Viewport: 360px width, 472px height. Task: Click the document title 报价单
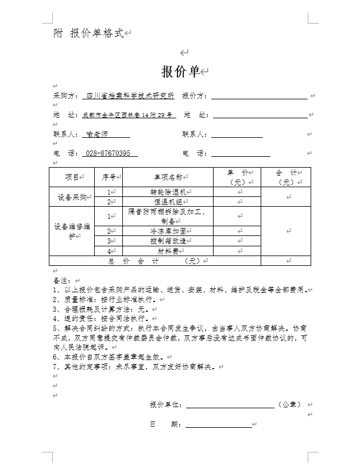(180, 72)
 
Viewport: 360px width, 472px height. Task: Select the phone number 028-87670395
(107, 153)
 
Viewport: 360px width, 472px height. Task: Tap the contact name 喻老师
(96, 134)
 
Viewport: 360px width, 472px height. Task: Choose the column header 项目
(72, 177)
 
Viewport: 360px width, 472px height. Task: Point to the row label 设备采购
(72, 197)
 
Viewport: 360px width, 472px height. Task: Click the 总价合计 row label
(154, 261)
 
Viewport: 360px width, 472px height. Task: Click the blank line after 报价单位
(229, 405)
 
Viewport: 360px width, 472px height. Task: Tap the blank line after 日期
(218, 424)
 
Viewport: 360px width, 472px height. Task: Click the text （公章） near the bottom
(289, 404)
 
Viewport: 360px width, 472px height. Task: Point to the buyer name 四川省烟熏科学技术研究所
(130, 96)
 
